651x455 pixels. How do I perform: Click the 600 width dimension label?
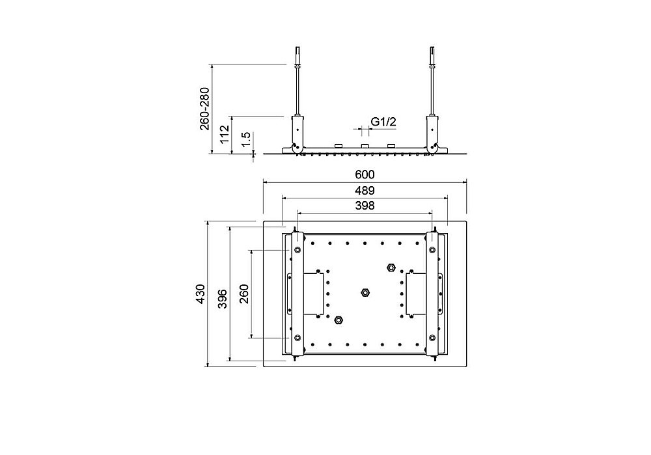[x=365, y=175]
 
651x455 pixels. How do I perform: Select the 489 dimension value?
[x=365, y=191]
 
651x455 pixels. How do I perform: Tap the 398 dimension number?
[x=365, y=206]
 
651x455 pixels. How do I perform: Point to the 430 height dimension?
[x=201, y=294]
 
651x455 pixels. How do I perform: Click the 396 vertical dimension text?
[x=223, y=299]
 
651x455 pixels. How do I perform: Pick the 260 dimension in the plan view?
[x=243, y=294]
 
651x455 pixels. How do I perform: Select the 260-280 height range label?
[x=204, y=109]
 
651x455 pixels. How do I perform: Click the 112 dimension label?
[x=225, y=134]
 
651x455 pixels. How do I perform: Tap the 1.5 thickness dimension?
[x=246, y=139]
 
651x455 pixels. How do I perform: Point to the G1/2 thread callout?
[x=383, y=122]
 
